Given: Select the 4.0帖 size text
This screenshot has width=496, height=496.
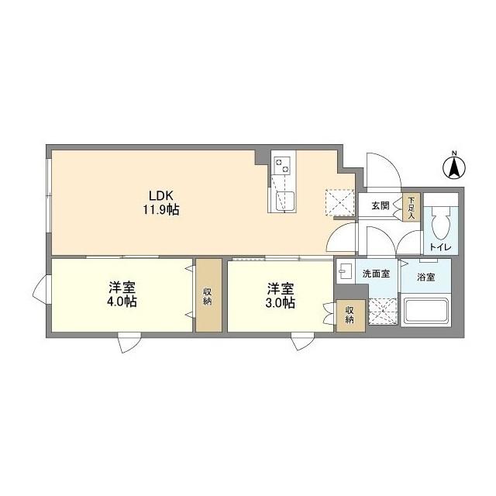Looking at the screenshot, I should tap(122, 302).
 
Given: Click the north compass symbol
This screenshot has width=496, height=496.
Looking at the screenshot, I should tap(453, 166).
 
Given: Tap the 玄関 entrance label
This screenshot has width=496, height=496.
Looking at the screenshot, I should tap(380, 206).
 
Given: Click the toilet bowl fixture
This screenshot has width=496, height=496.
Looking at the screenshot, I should tap(439, 226).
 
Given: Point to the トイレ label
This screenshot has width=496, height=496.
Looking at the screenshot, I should tap(438, 247).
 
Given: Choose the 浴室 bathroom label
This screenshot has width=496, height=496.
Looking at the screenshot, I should tap(425, 275).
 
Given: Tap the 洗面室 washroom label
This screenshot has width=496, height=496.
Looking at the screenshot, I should tap(376, 274).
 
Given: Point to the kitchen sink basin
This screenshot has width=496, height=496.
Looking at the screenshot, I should tap(282, 200).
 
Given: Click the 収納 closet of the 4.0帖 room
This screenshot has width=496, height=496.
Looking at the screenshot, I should tap(208, 295).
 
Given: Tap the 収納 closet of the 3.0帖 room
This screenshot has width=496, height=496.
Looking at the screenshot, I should tap(350, 315).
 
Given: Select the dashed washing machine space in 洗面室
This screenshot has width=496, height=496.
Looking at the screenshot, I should tap(382, 312).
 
